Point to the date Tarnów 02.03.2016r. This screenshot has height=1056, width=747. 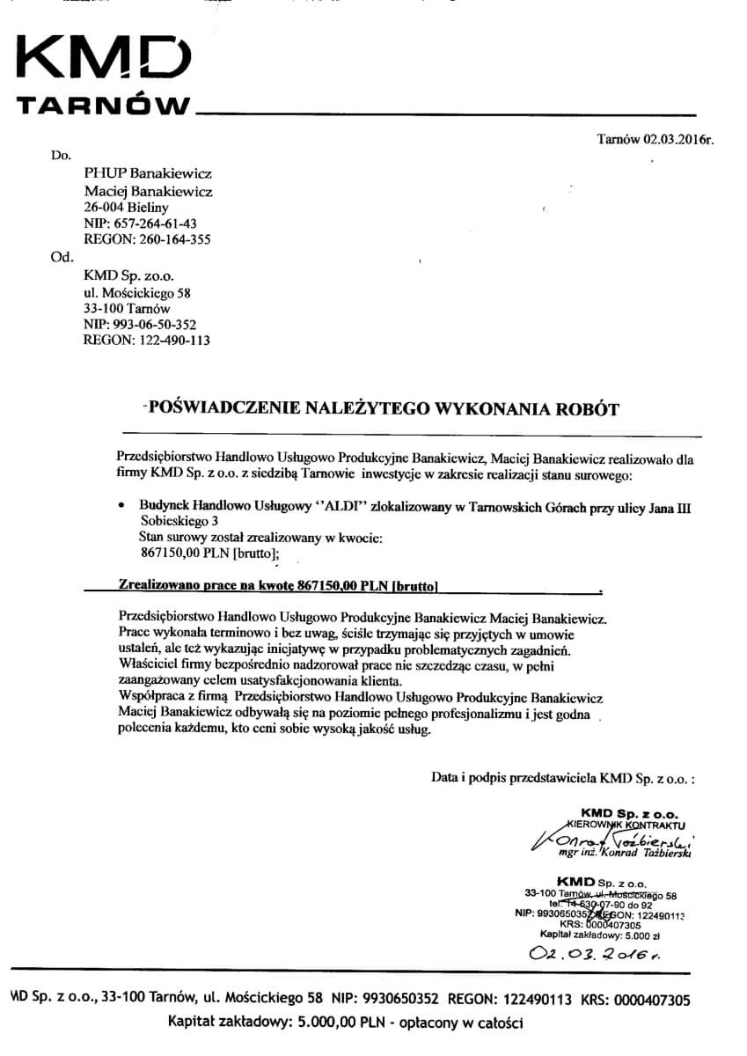653,139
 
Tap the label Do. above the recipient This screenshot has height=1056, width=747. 61,156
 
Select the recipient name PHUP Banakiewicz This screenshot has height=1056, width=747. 147,174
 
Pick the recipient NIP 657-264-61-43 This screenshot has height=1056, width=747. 140,224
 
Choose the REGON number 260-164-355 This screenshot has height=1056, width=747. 147,239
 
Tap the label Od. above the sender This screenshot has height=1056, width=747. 62,258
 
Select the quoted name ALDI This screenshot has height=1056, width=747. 320,508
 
